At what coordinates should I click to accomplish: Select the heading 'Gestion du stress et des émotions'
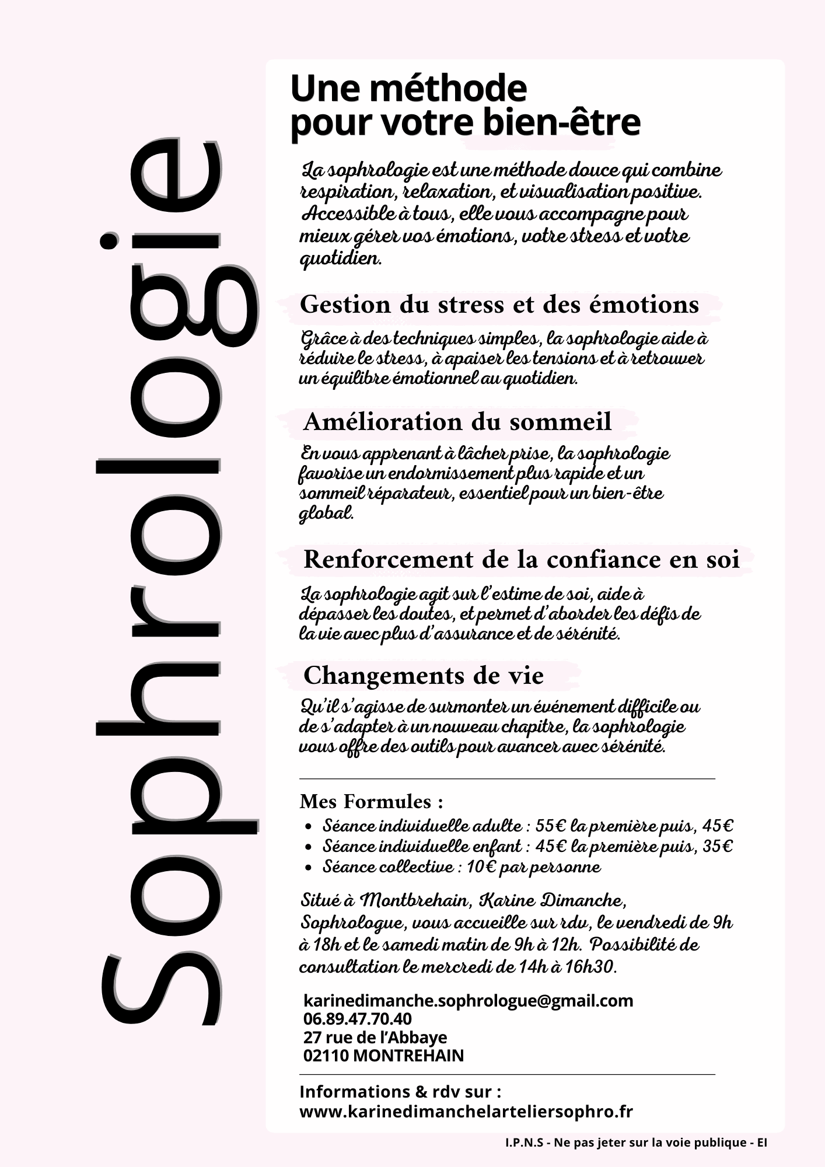[x=499, y=305]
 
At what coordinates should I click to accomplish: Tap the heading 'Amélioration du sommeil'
[x=457, y=421]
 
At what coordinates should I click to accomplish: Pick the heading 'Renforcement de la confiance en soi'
[x=521, y=560]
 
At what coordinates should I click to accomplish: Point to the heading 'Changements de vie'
[x=423, y=676]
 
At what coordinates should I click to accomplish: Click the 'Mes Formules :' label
[x=371, y=802]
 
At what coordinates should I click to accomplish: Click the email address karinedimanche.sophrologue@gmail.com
[x=468, y=1001]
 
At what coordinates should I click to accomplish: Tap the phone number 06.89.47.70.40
[x=357, y=1019]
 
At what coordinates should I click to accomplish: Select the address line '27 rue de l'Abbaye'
[x=375, y=1037]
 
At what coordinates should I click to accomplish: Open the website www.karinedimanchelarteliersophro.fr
[x=466, y=1111]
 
